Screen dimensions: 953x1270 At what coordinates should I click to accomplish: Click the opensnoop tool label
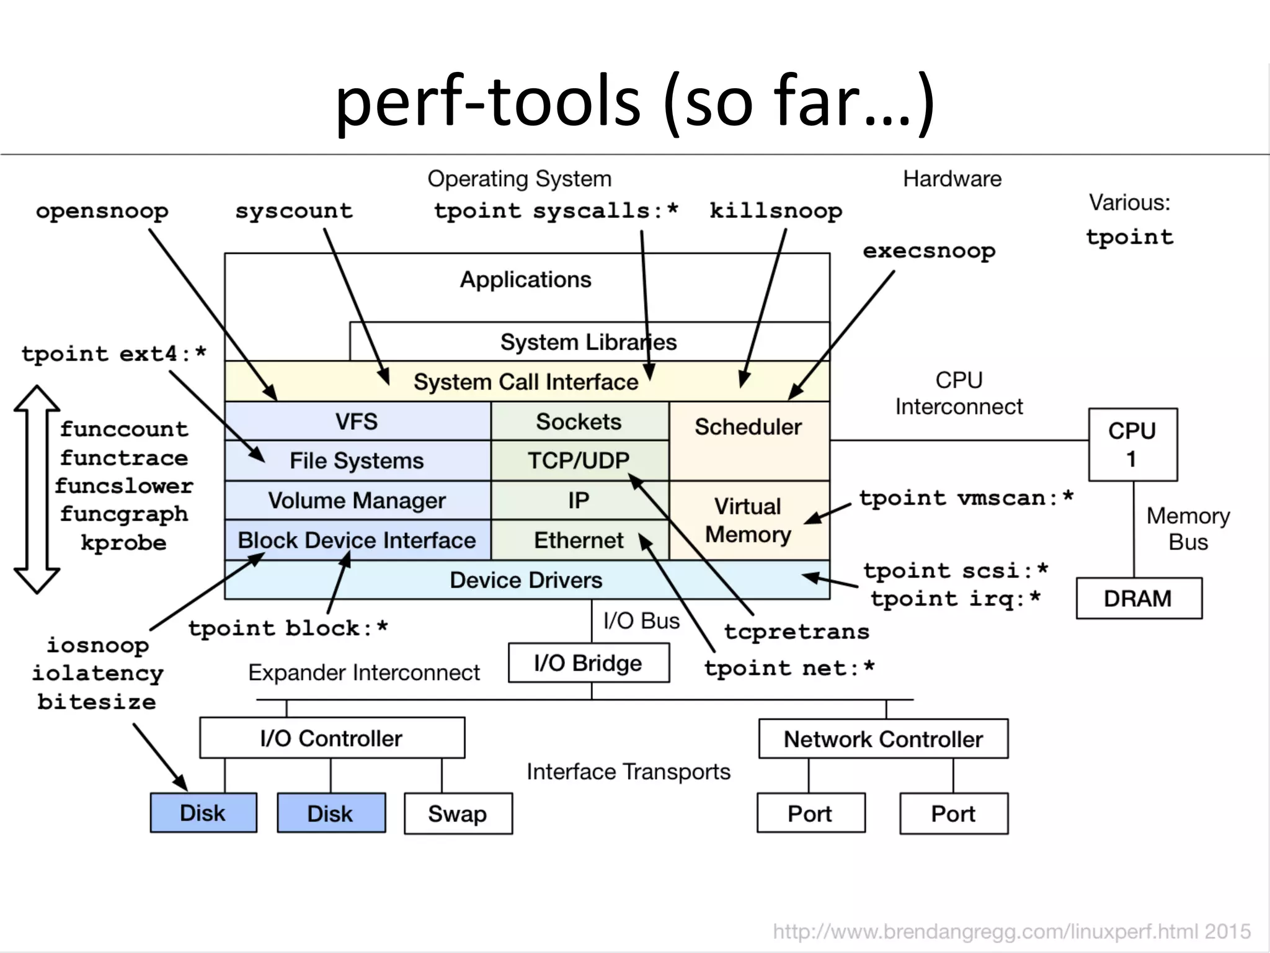click(x=102, y=211)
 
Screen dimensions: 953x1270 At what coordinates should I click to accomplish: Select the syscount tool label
click(x=294, y=211)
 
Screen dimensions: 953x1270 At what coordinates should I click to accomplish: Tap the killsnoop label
click(x=776, y=211)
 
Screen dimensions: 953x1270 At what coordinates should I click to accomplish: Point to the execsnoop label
click(x=929, y=251)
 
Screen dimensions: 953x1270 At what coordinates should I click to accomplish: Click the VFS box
click(x=357, y=421)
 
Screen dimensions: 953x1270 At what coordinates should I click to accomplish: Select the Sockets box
click(x=579, y=421)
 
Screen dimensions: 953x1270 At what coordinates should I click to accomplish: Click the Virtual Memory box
click(x=748, y=520)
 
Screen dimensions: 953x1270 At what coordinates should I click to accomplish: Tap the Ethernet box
click(x=579, y=540)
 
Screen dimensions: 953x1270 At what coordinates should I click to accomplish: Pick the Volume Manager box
click(x=357, y=500)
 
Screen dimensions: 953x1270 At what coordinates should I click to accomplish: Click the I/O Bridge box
click(x=588, y=663)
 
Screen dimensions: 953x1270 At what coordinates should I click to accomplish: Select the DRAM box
click(x=1139, y=598)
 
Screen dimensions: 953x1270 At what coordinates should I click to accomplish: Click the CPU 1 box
click(x=1132, y=444)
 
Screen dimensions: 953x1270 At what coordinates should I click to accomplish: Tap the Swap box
click(x=458, y=813)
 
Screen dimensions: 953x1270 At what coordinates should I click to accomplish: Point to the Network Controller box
click(x=883, y=739)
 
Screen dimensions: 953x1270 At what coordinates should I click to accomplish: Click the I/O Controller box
click(x=332, y=738)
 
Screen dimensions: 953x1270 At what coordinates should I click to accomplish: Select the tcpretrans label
click(x=797, y=632)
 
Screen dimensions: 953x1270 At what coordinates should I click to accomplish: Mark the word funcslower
click(x=124, y=486)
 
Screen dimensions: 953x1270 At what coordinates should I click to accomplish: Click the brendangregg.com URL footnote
click(x=1011, y=931)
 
